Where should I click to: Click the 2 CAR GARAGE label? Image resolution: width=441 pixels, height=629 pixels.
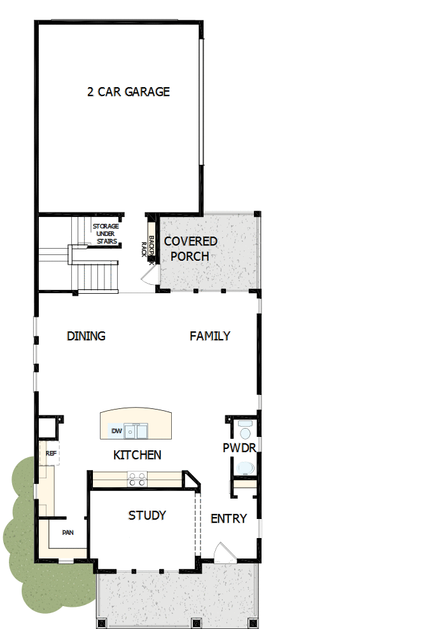tap(129, 92)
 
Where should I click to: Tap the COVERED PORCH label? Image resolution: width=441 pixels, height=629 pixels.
tap(190, 249)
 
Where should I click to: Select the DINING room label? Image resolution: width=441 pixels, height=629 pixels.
tap(86, 336)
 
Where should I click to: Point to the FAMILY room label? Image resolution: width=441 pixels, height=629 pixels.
tap(210, 336)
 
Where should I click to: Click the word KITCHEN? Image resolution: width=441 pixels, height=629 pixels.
tap(137, 455)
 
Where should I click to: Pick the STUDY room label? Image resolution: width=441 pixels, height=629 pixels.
tap(147, 515)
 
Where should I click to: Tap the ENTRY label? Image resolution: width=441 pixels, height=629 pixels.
tap(228, 518)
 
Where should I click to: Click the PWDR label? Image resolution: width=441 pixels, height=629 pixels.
tap(239, 448)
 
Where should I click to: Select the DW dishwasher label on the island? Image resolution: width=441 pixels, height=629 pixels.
tap(116, 431)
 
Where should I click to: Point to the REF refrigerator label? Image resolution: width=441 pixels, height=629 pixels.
tap(52, 453)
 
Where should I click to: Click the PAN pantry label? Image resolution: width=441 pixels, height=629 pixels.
tap(67, 532)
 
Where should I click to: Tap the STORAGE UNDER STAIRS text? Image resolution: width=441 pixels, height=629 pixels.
tap(106, 233)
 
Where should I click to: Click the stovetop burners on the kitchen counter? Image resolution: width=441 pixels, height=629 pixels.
tap(137, 478)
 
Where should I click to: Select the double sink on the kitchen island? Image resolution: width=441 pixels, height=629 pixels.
tap(137, 431)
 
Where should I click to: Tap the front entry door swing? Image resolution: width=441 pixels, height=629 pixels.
tap(223, 553)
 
